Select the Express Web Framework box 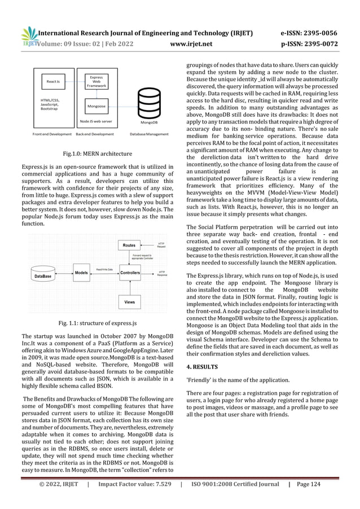pos(92,82)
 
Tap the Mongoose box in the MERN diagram pos(92,106)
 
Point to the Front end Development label pos(52,134)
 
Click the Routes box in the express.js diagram pos(129,245)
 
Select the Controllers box pos(129,273)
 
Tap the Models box pos(81,273)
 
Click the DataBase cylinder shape pos(45,276)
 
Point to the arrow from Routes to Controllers pos(129,259)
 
